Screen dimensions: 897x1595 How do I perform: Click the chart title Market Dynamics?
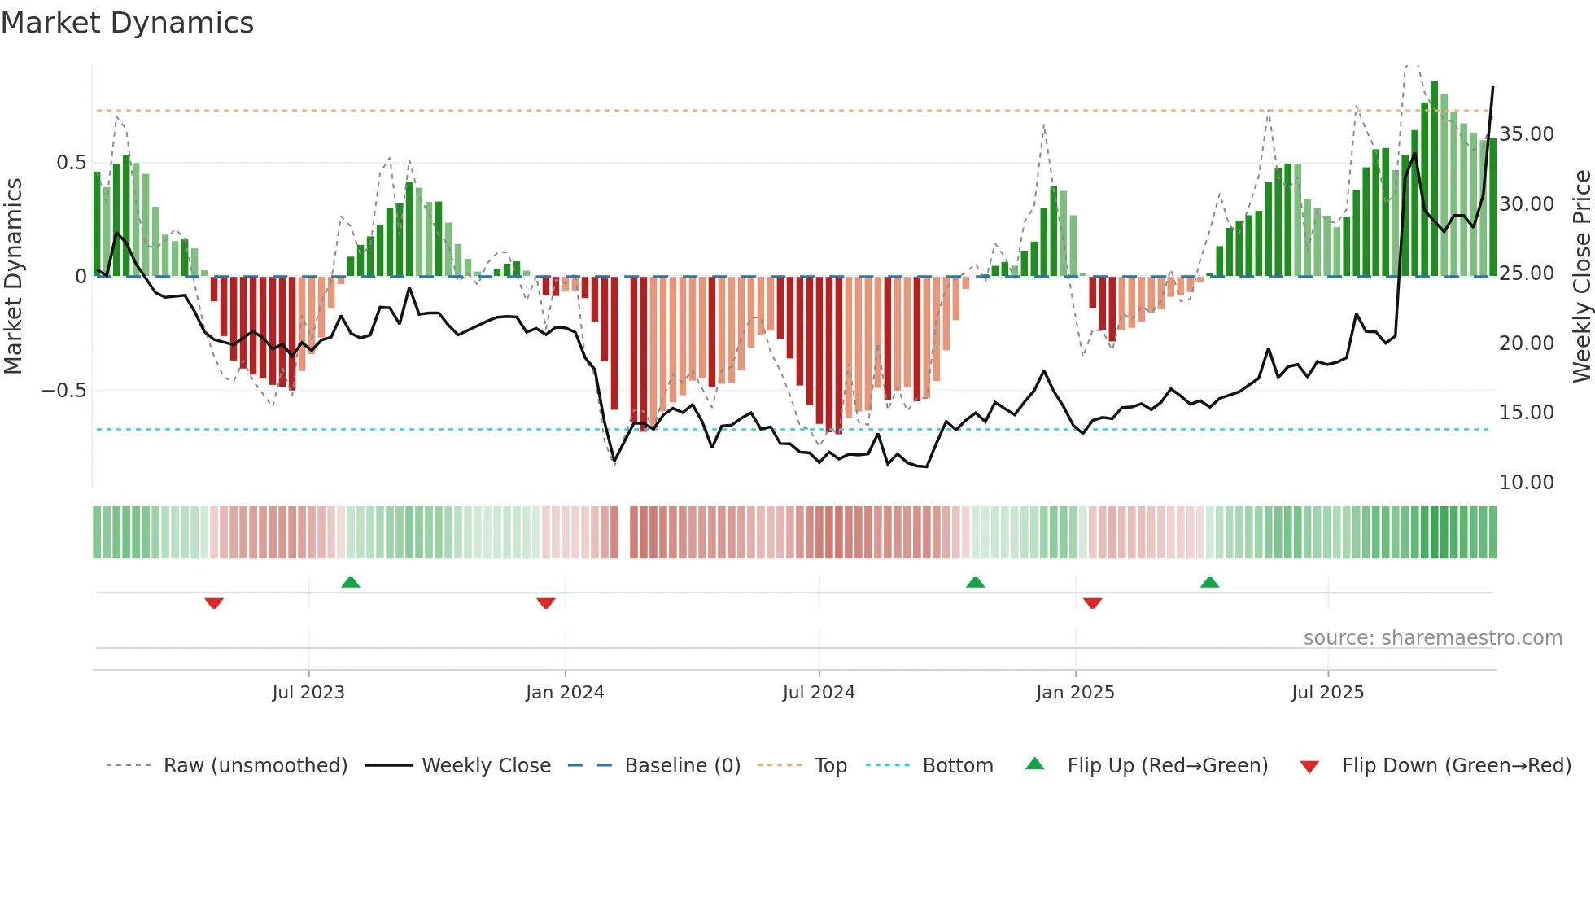127,23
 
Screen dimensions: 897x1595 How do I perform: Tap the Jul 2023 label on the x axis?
308,693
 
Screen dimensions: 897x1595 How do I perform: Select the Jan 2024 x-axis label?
565,693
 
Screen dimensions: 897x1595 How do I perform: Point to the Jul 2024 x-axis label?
819,693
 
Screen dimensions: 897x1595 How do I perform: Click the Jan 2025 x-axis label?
1075,693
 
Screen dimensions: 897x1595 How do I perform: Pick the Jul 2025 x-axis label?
1327,693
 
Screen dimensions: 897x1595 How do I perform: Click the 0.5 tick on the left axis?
71,163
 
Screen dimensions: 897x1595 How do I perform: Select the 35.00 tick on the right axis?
1526,134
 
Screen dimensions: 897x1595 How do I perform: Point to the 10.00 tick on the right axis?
1526,483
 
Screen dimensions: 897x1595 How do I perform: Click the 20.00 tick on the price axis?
1526,343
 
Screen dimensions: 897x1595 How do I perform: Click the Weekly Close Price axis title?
1581,277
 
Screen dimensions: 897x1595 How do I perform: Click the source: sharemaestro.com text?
1432,638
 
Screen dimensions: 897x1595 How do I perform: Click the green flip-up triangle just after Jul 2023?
351,583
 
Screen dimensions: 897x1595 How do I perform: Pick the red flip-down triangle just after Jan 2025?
1093,603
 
